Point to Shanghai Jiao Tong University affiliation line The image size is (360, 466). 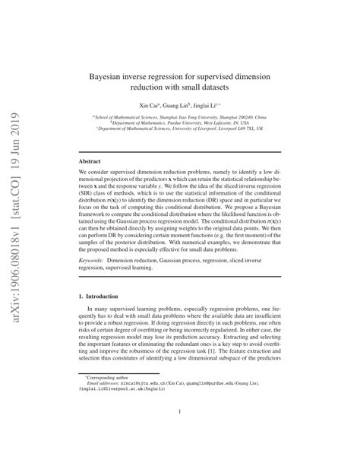coord(180,118)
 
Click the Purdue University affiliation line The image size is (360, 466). coord(180,123)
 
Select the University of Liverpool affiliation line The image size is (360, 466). coord(180,129)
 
